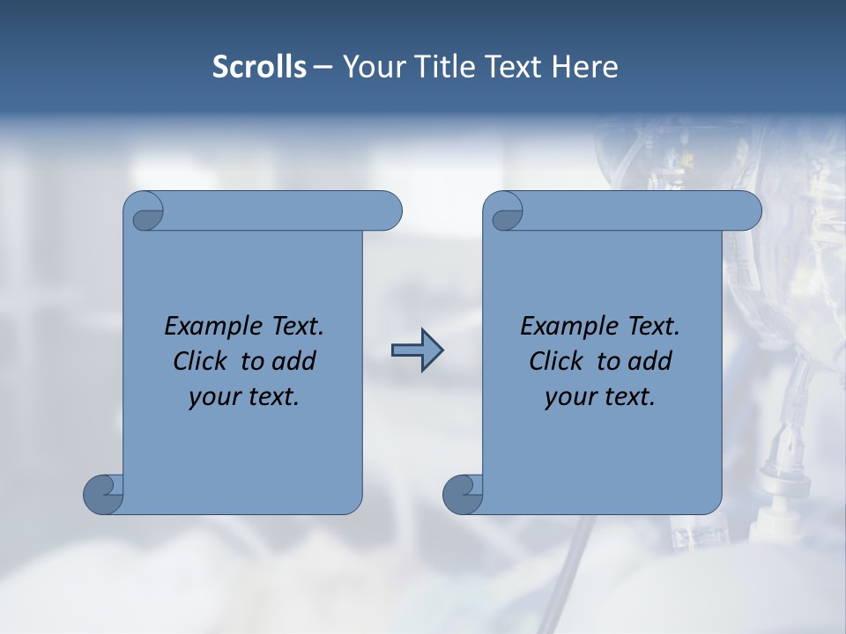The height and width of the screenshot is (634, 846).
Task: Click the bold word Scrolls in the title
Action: (x=259, y=67)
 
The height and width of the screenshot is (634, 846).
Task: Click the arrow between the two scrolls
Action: (x=417, y=350)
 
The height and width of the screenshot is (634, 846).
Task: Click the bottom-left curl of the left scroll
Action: (x=104, y=493)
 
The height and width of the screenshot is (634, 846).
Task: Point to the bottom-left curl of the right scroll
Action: (x=464, y=493)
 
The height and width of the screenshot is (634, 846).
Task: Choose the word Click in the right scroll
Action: (x=556, y=361)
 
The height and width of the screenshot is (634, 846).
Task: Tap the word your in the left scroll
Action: (x=212, y=397)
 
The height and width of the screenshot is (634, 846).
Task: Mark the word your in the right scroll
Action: (x=568, y=397)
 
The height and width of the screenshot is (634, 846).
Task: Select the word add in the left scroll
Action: (x=294, y=361)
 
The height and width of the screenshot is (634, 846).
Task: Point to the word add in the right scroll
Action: (x=650, y=361)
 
